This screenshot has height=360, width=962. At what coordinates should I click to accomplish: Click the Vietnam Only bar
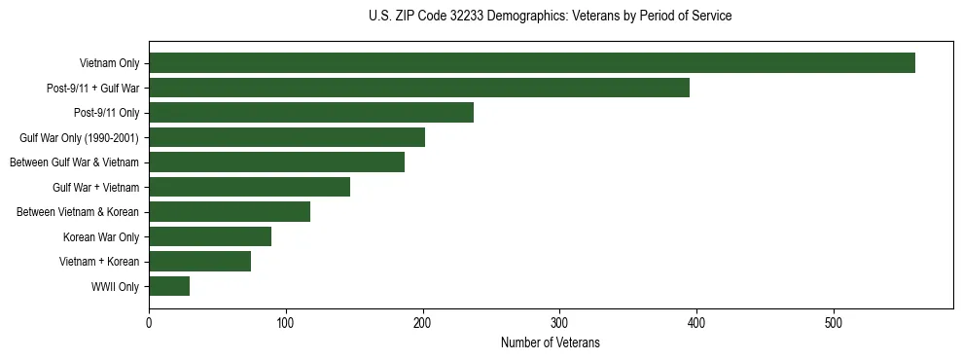(x=532, y=63)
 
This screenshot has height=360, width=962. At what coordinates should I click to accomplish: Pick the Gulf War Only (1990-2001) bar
(x=287, y=137)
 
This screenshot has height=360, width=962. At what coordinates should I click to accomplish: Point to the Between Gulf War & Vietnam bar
(x=276, y=162)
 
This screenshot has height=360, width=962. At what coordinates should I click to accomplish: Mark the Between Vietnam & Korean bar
(x=230, y=212)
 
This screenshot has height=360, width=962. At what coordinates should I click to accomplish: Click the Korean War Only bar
(x=210, y=236)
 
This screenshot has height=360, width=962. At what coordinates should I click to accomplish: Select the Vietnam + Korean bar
(x=199, y=262)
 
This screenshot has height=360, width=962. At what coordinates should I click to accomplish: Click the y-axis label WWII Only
(x=115, y=287)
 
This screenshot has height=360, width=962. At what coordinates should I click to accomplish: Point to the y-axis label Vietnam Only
(x=109, y=64)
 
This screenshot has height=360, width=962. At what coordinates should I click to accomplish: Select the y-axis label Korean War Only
(x=101, y=237)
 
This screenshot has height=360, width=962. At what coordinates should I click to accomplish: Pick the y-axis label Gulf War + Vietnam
(x=95, y=188)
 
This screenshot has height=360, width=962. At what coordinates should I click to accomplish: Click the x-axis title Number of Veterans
(x=551, y=342)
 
